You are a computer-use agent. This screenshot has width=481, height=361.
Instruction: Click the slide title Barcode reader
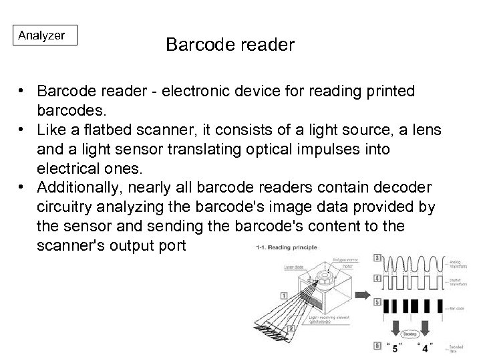230,45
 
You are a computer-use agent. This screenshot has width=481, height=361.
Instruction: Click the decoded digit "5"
395,348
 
